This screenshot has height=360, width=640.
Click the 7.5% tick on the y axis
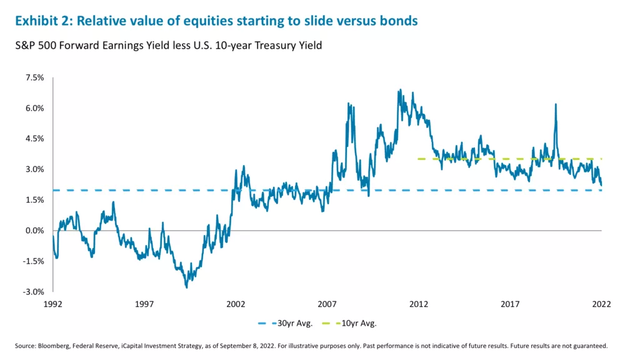34,77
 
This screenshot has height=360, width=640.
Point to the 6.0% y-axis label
34,108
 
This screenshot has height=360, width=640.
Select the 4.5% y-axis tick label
34,139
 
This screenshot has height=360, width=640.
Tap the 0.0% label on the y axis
34,231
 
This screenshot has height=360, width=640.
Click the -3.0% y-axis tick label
32,292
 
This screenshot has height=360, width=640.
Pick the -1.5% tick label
32,261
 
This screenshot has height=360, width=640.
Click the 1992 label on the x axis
52,304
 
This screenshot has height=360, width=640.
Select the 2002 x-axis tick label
236,304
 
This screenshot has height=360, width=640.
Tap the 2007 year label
327,304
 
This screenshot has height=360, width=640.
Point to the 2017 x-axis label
511,304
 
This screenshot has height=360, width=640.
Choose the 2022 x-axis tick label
601,304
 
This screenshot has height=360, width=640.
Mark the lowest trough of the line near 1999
186,287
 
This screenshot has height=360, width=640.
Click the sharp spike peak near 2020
555,104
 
